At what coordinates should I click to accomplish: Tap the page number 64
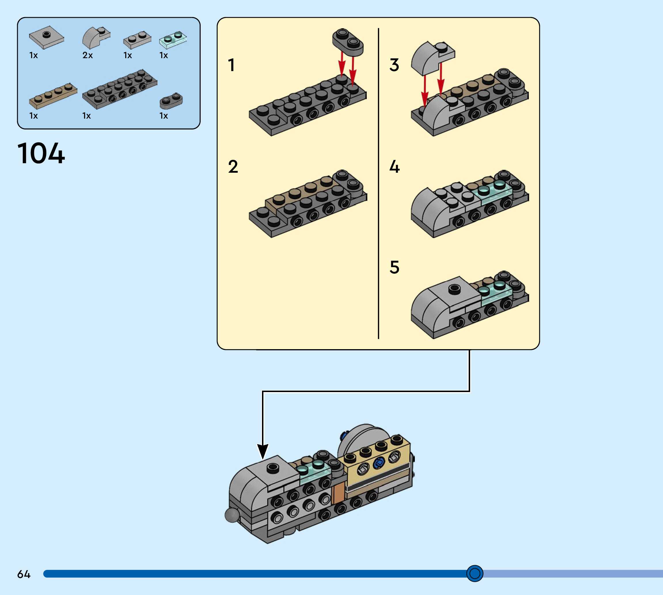click(24, 574)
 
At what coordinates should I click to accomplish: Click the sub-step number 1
click(231, 65)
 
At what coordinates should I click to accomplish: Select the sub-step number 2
click(233, 166)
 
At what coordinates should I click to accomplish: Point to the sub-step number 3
click(394, 65)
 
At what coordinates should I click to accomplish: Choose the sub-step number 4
click(394, 166)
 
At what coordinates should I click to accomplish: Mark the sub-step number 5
click(394, 267)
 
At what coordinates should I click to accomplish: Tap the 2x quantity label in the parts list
click(88, 55)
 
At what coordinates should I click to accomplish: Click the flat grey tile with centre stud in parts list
click(46, 37)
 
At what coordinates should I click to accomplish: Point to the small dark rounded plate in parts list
click(171, 101)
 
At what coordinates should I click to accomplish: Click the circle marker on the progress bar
click(475, 573)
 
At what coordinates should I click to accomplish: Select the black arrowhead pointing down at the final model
click(263, 451)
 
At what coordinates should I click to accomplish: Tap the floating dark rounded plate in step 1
click(348, 41)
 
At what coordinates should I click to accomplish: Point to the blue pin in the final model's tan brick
click(379, 462)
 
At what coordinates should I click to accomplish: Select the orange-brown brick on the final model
click(338, 493)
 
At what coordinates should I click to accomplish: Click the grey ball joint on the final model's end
click(232, 515)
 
